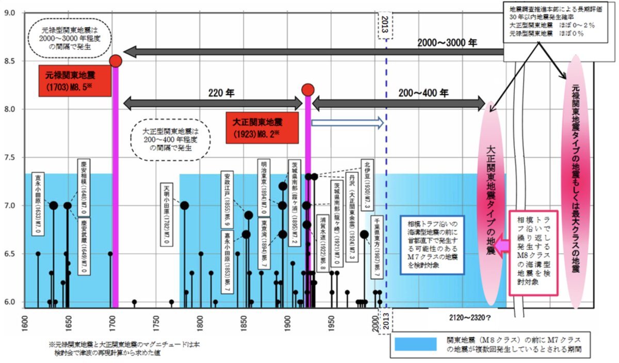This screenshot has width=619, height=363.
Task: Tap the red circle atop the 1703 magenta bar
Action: [x=116, y=61]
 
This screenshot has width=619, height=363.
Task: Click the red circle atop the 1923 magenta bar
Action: [x=308, y=90]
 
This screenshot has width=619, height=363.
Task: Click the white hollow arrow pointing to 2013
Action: [x=347, y=123]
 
